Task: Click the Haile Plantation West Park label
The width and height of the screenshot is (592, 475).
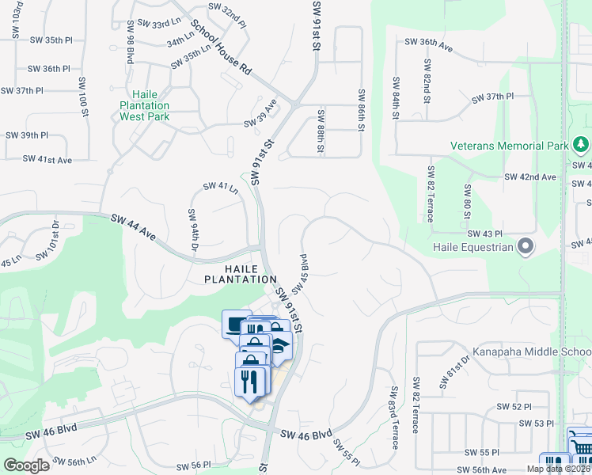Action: (x=144, y=104)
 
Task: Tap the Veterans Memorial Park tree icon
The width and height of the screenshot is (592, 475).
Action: (x=582, y=145)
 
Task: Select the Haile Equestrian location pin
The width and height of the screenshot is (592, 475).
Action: (x=526, y=247)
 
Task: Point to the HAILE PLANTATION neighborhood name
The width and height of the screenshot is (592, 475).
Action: (x=241, y=274)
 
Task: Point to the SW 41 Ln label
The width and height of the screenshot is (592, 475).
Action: (x=221, y=187)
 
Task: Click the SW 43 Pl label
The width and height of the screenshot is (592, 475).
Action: (x=485, y=234)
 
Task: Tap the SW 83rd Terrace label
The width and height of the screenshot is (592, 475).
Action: (x=394, y=419)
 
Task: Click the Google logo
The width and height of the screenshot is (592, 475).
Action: (x=26, y=465)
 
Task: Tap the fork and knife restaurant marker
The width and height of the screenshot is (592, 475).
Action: (x=250, y=382)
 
